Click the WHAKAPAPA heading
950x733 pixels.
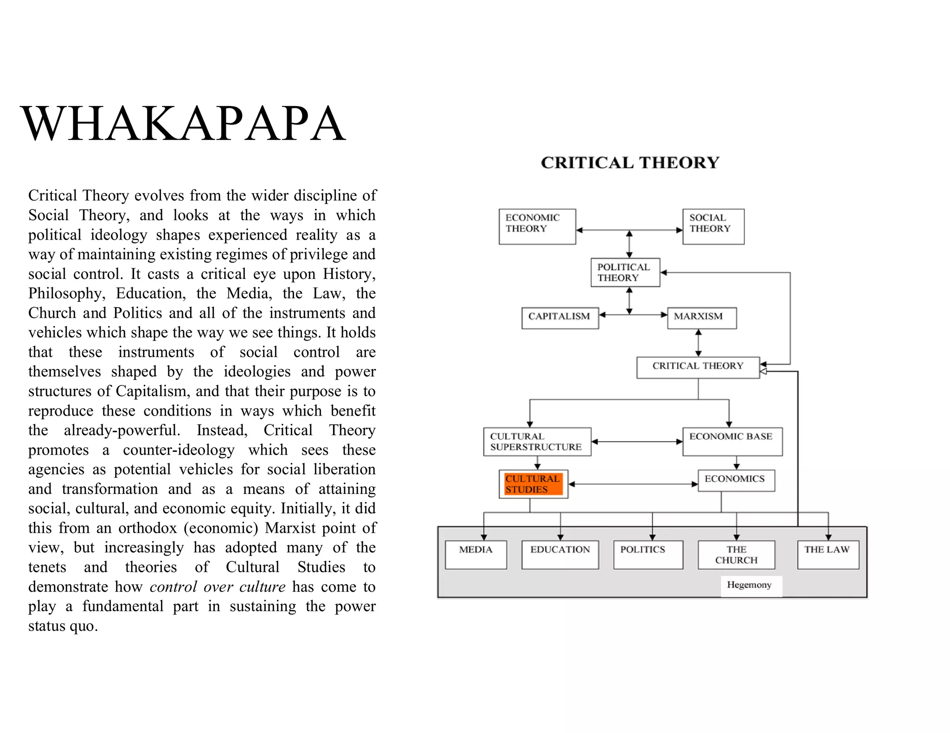click(x=183, y=124)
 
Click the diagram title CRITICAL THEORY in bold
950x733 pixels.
click(x=630, y=163)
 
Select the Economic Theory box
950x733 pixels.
click(x=537, y=227)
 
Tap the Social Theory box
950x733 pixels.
click(x=713, y=227)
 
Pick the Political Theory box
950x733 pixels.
click(x=625, y=272)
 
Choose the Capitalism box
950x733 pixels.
click(x=560, y=318)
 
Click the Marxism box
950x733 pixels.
click(x=701, y=318)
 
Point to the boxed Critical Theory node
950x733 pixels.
click(x=698, y=367)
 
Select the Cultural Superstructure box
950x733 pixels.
click(x=537, y=442)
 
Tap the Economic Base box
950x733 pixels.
click(x=732, y=442)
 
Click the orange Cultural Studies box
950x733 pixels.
click(x=533, y=484)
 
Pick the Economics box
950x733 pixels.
click(x=736, y=480)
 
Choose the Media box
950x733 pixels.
click(x=475, y=554)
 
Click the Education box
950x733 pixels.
click(x=560, y=554)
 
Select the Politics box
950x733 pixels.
click(x=648, y=554)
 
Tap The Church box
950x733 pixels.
click(x=736, y=555)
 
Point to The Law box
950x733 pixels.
click(x=828, y=554)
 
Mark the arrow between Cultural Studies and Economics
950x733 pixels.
click(x=633, y=484)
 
